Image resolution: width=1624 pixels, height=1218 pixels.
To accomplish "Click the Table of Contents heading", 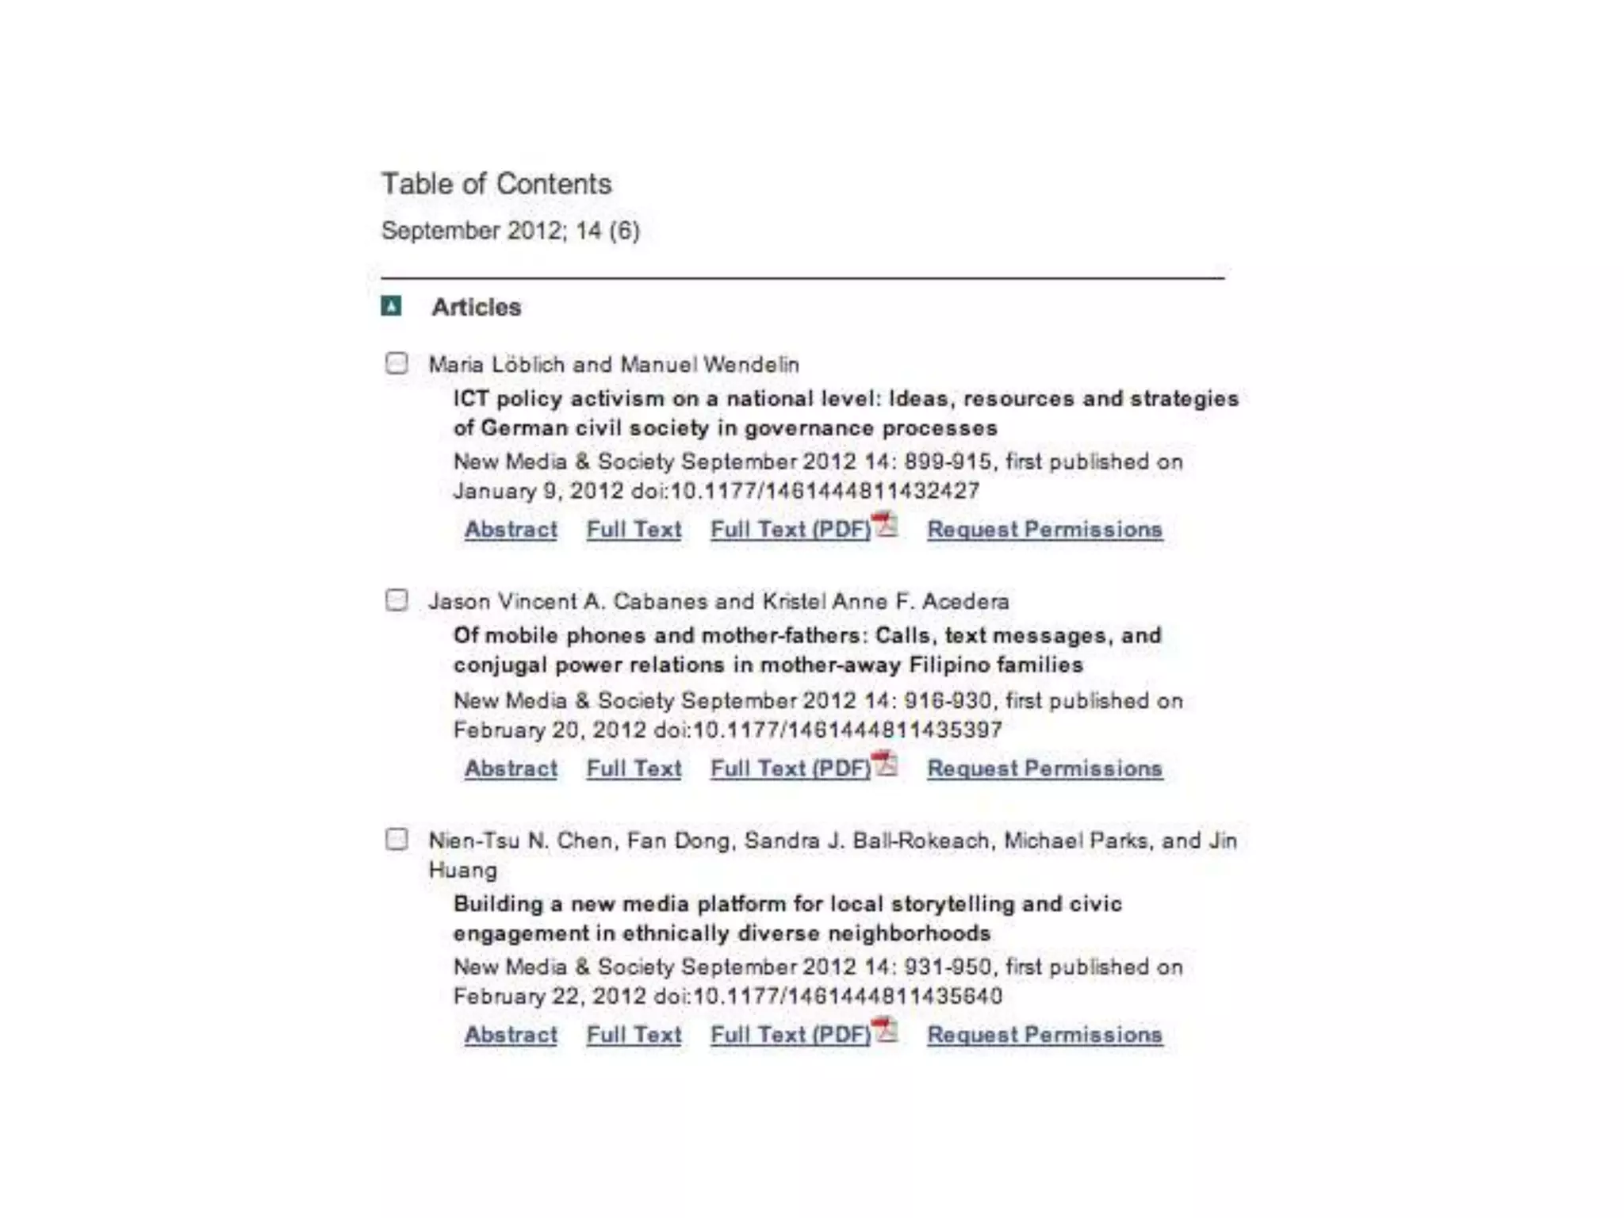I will pos(496,184).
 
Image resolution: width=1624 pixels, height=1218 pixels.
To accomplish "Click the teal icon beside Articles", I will pos(391,306).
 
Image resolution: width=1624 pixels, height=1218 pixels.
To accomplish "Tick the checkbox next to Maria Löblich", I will pos(396,363).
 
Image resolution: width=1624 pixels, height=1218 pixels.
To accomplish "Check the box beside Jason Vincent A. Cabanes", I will pos(396,600).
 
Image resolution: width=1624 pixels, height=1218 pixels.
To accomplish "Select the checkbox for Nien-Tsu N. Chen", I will pos(396,839).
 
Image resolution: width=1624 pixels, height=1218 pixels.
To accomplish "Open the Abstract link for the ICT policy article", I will pos(511,529).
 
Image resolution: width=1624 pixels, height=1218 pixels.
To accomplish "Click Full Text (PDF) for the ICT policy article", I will pos(791,529).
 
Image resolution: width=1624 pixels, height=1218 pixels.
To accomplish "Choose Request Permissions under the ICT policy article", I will pos(1044,529).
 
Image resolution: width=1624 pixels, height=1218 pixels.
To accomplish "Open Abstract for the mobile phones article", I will pos(511,768).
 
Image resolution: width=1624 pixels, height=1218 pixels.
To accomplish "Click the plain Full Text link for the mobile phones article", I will pos(634,768).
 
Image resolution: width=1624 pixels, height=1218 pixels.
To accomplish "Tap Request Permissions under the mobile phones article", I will pos(1044,768).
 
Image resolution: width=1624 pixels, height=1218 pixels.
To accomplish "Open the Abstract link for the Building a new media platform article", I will pos(511,1035).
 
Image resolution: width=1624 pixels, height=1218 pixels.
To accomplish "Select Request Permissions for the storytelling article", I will pos(1044,1035).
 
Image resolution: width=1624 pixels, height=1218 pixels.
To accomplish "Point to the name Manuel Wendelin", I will pos(710,365).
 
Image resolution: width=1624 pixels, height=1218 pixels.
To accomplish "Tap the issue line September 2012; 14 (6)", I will pos(511,231).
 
